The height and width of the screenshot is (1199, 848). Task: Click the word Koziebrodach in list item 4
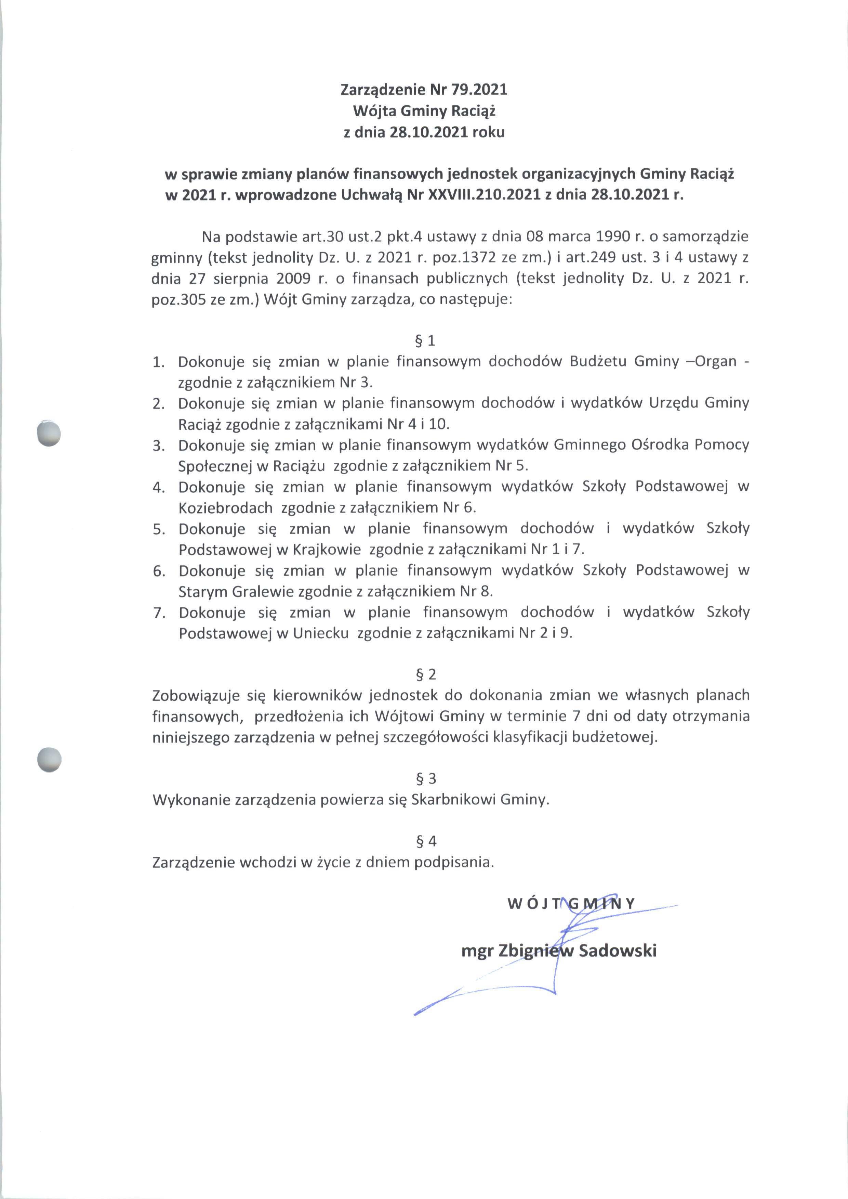(226, 507)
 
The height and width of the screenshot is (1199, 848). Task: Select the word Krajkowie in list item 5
(327, 549)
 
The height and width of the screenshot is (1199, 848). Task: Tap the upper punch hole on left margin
(50, 434)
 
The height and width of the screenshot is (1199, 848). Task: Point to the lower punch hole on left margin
(50, 759)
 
